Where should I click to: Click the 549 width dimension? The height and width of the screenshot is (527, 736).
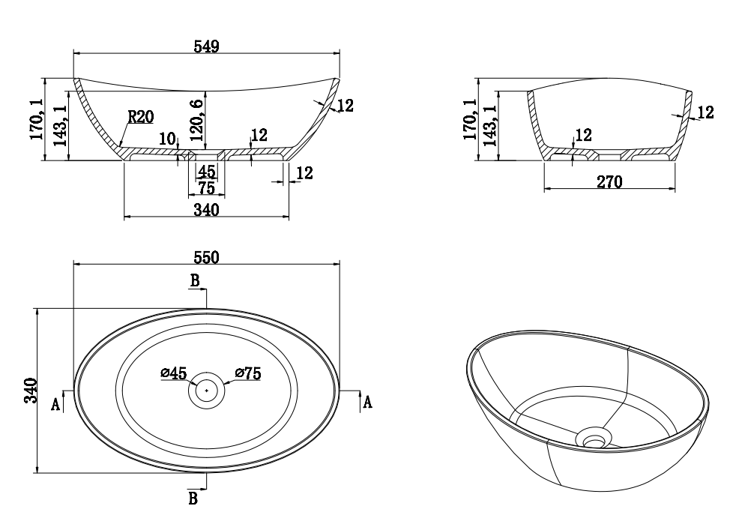tap(206, 46)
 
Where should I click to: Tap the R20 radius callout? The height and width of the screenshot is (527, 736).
tap(140, 116)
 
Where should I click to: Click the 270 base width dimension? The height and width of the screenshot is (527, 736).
tap(609, 181)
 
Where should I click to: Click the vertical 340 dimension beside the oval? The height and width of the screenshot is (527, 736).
tap(29, 391)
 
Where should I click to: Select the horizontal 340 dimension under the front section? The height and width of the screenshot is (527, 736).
tap(206, 210)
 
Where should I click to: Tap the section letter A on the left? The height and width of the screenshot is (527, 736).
tap(55, 405)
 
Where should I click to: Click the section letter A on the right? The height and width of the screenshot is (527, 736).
tap(367, 403)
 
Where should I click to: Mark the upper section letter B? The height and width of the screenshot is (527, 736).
tap(193, 281)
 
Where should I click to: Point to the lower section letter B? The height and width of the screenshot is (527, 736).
tap(193, 499)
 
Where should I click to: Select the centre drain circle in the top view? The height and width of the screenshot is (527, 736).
tap(206, 390)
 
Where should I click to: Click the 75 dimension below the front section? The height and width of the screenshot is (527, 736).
tap(206, 188)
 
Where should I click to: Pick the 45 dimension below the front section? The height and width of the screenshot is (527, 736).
tap(206, 172)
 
